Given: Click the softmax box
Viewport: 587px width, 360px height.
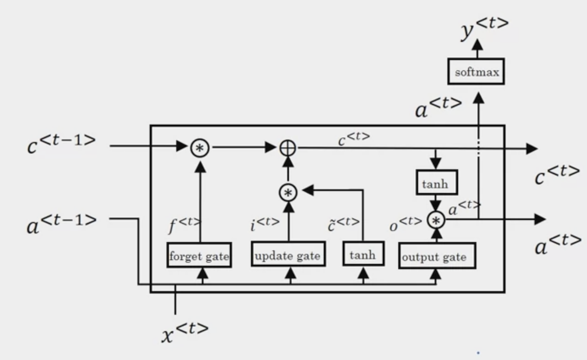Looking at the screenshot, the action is [x=476, y=71].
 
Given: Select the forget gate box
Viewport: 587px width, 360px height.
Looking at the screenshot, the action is [x=199, y=255].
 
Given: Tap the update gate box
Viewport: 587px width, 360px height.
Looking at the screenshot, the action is [x=288, y=254].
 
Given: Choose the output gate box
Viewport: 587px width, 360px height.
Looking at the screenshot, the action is [x=437, y=256].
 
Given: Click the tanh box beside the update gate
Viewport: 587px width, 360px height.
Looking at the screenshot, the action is [x=363, y=254].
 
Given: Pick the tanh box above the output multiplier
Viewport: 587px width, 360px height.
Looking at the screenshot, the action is [x=437, y=183].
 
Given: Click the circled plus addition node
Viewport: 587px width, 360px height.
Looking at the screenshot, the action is [x=288, y=148].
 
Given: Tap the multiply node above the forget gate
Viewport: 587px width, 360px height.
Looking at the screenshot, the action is [x=200, y=148].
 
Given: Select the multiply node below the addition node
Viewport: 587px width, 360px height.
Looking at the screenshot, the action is [x=288, y=193].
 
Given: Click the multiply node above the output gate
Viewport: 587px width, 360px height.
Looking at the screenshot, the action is [x=436, y=220].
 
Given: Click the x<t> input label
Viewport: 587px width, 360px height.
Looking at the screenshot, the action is [x=185, y=332].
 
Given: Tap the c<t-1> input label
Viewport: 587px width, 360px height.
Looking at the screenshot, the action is [x=61, y=144].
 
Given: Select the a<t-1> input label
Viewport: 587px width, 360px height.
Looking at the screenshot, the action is [x=62, y=224].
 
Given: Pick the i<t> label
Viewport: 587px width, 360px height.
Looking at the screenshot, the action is [x=265, y=224].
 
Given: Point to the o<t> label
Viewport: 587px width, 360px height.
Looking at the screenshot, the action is [x=406, y=225].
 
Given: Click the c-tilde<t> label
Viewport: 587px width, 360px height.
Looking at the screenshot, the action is [x=344, y=224].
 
